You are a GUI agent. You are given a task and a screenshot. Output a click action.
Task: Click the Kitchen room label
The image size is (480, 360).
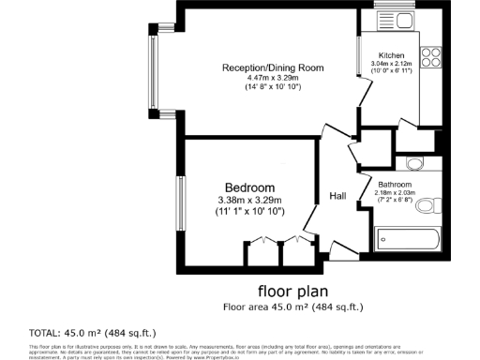tap(391, 55)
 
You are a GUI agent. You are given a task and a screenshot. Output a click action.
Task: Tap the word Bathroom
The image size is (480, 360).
tap(396, 185)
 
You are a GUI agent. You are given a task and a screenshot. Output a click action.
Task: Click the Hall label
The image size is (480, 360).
tap(338, 196)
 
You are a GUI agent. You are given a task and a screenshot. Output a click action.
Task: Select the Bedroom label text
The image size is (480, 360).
tap(249, 187)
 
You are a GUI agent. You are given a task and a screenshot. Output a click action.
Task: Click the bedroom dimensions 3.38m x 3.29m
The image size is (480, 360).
tap(249, 200)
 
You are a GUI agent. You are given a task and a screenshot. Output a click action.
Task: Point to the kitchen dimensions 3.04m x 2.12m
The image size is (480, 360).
tap(391, 64)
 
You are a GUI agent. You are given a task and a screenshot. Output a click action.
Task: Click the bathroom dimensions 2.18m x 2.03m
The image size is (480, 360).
tap(396, 193)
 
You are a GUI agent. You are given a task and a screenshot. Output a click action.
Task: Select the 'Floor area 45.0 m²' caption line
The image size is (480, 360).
tap(292, 307)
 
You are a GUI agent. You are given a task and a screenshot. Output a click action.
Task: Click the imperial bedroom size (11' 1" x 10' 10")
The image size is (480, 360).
tap(249, 213)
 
